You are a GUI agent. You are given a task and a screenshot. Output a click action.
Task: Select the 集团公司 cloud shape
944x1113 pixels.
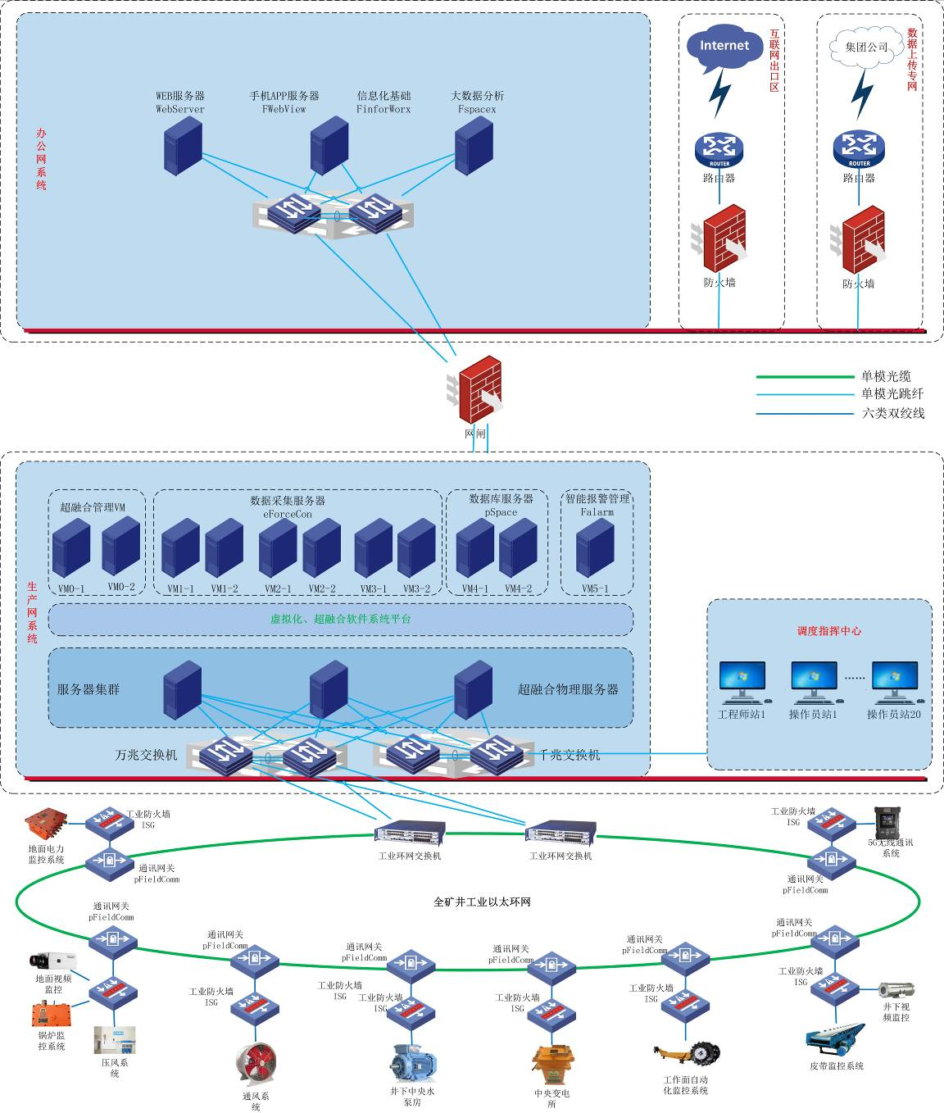tap(865, 47)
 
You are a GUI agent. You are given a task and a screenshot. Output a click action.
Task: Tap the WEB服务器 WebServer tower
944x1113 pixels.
tap(183, 145)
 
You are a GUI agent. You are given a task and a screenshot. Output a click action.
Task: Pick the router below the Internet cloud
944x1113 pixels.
tap(719, 151)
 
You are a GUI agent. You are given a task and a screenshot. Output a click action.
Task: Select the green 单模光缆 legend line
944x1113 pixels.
tap(804, 377)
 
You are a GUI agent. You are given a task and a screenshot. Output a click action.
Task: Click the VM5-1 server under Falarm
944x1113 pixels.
tap(595, 550)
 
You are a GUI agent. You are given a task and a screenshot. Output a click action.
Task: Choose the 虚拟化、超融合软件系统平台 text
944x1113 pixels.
tap(341, 620)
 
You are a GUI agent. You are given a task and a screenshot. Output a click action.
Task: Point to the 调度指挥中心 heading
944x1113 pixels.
tap(829, 631)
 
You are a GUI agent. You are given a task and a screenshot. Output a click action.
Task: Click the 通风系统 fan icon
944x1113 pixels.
tap(256, 1065)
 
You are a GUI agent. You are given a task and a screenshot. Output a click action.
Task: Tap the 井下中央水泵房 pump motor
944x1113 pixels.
tap(412, 1063)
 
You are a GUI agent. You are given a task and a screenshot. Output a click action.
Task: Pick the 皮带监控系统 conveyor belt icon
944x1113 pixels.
tap(835, 1039)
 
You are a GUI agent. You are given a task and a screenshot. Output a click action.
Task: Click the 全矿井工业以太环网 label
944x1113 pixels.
tap(482, 902)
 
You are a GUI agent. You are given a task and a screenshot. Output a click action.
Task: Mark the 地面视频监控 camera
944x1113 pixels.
tap(53, 961)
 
